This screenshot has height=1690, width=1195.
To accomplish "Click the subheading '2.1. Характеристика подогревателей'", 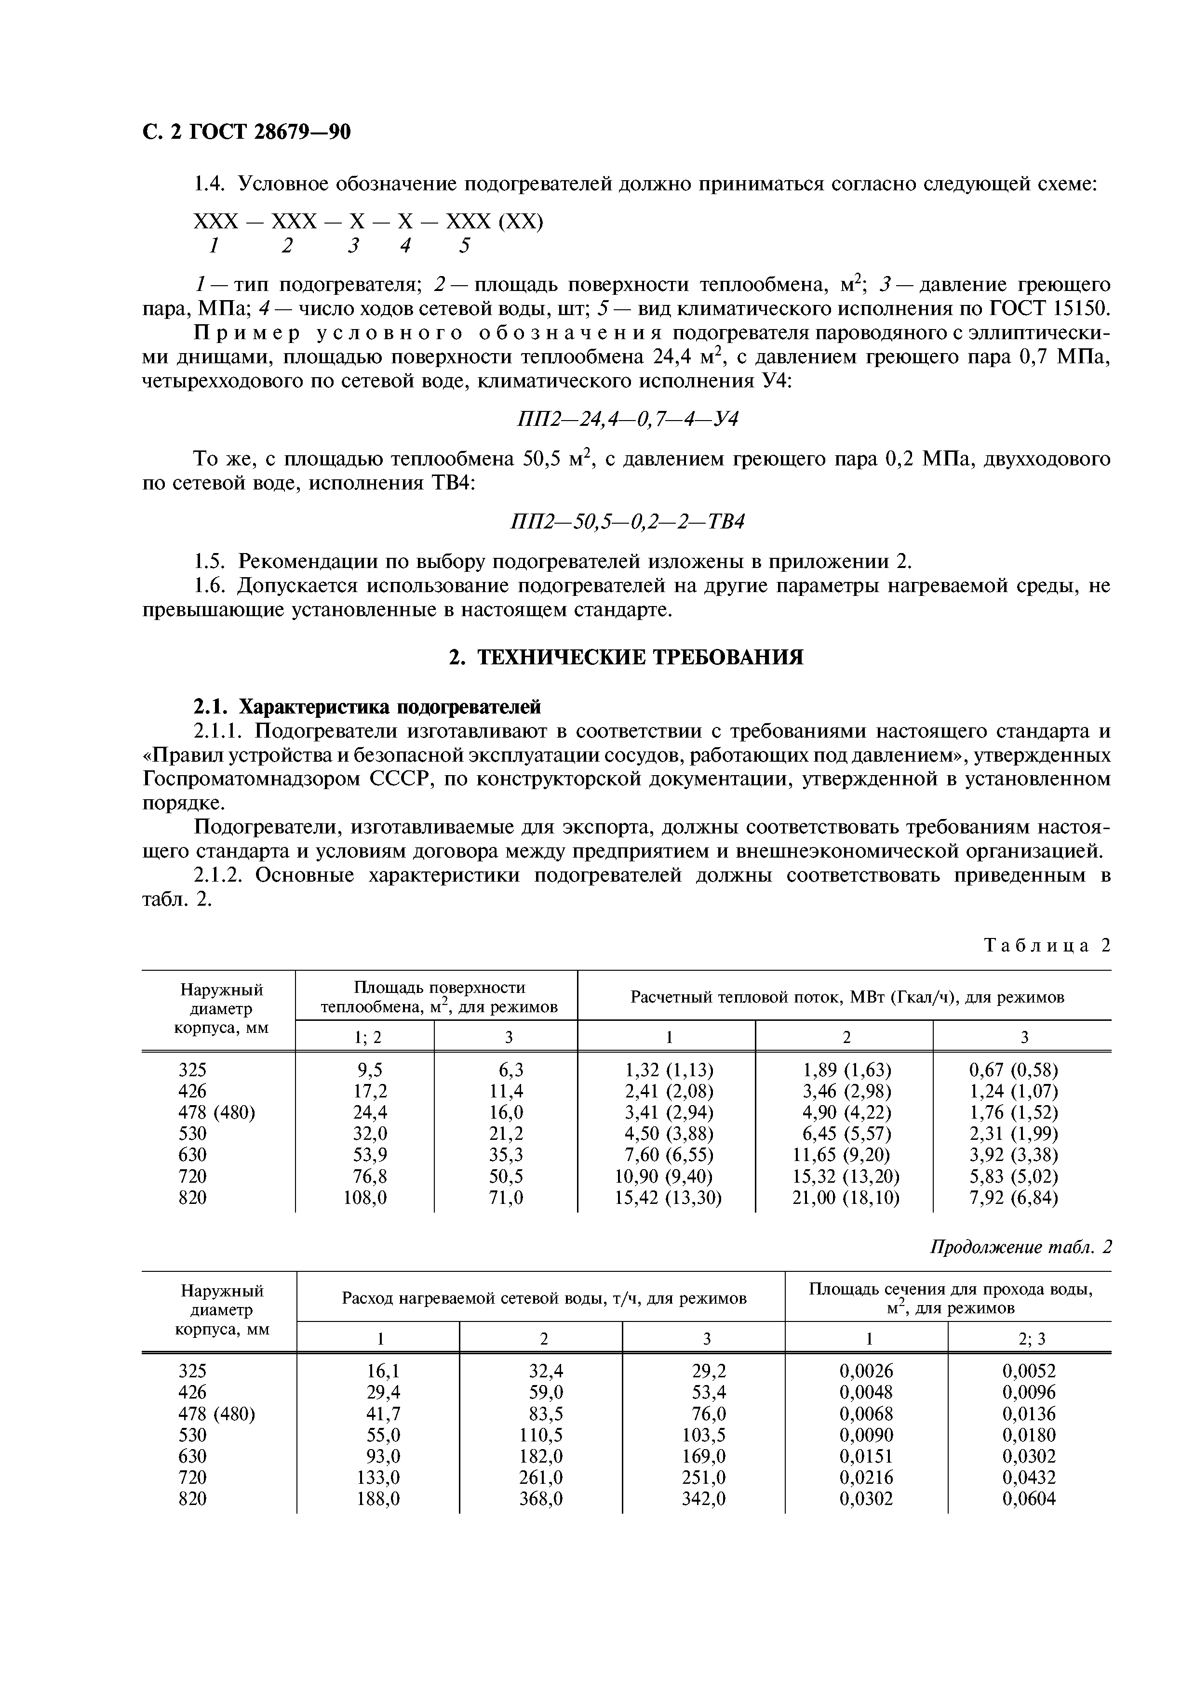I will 367,707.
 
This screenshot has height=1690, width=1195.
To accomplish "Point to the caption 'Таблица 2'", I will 1046,946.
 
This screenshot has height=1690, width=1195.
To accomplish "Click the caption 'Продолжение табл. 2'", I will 1020,1248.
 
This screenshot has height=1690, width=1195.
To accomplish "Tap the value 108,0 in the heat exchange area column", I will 365,1198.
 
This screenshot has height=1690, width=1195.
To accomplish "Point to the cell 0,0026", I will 866,1371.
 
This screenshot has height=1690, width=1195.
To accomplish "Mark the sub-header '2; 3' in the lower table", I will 1029,1340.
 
